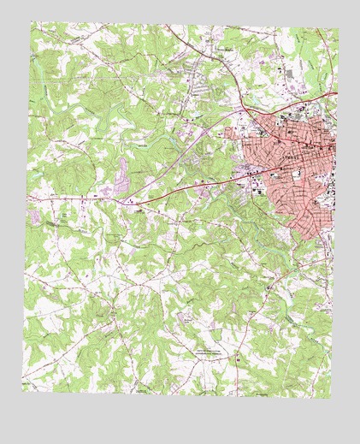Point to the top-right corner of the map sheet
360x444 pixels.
point(339,30)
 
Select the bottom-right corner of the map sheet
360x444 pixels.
point(328,398)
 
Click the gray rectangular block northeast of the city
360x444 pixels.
point(289,74)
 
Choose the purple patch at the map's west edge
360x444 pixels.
point(34,217)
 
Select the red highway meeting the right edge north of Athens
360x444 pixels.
point(337,92)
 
